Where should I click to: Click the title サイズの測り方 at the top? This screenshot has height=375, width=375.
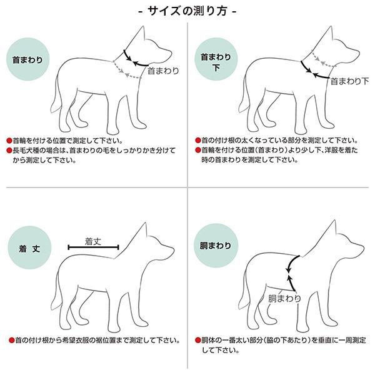tap(187, 11)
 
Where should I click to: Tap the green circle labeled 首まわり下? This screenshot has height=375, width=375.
tap(216, 61)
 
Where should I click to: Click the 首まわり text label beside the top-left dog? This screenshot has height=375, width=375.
tap(162, 71)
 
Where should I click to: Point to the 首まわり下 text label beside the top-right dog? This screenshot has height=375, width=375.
tap(349, 81)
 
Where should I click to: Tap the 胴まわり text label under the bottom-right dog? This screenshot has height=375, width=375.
tap(284, 298)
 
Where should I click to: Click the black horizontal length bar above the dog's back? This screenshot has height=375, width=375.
tap(93, 248)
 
